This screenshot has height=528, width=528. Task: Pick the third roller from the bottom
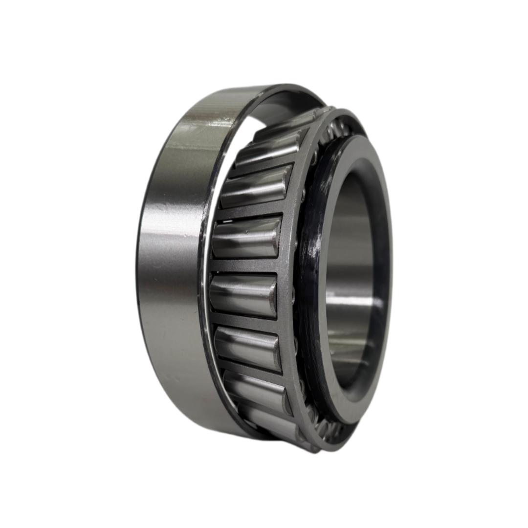[x=247, y=347]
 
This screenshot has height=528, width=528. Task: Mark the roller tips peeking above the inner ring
[x=337, y=129]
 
